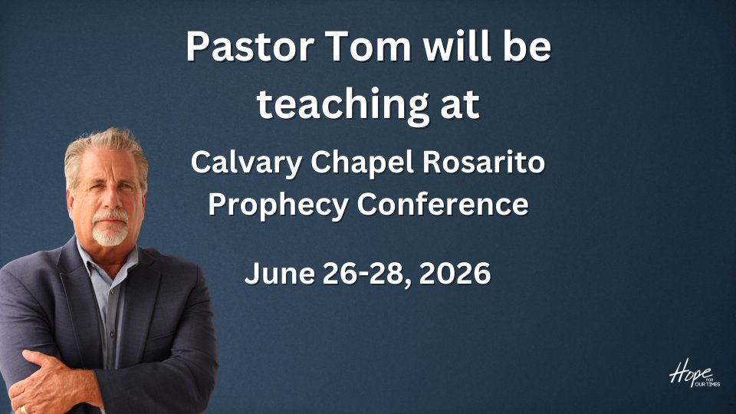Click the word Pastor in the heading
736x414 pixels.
pos(250,47)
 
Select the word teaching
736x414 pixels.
pos(343,105)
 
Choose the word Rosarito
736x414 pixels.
pos(483,163)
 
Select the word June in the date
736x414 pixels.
pos(280,273)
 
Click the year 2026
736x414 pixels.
pos(455,273)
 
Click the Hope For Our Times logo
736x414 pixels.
pos(695,373)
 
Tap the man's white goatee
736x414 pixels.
pos(110,230)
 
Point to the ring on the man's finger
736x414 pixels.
pos(24,409)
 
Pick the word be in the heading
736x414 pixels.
pos(527,47)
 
